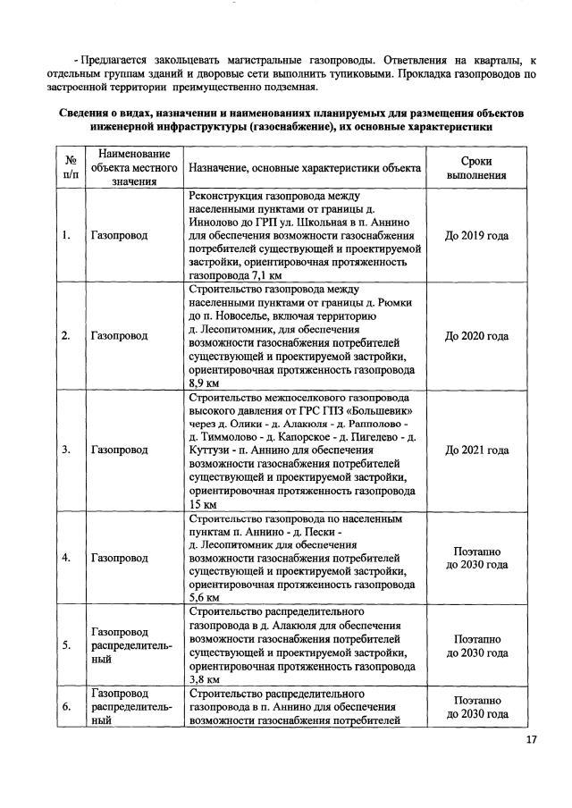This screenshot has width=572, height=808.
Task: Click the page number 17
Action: coord(532,739)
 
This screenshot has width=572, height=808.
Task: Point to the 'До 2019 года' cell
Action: coord(476,236)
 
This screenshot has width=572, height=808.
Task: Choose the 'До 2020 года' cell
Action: coord(476,336)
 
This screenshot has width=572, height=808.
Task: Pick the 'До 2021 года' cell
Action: coord(476,450)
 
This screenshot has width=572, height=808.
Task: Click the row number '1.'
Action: coord(66,236)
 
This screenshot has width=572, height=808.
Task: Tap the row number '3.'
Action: coord(66,450)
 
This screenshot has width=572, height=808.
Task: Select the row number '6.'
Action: coord(66,706)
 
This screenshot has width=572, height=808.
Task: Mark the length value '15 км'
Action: coord(203,505)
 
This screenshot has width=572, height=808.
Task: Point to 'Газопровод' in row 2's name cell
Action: coord(119,336)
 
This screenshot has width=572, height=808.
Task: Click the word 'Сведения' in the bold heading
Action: coord(87,114)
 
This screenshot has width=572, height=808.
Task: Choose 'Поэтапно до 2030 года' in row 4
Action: coord(476,558)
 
